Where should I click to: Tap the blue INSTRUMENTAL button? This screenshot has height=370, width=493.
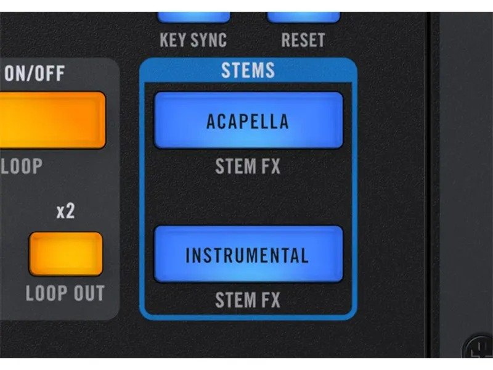coord(248,254)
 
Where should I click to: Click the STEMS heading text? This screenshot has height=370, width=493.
coord(248,70)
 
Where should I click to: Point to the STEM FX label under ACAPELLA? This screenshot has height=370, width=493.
coord(248,166)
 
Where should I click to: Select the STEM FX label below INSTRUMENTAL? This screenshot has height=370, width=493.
coord(248,300)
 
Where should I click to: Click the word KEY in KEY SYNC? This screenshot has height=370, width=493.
coord(173,40)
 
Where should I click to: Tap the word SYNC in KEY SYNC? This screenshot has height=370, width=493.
coord(209,40)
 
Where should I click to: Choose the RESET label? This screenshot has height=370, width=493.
coord(303,40)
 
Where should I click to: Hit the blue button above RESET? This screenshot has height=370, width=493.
coord(303,17)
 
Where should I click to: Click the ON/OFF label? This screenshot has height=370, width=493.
coord(35,73)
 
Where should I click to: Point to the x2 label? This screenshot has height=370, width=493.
coord(66,211)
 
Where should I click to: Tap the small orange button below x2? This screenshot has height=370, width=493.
coord(66,254)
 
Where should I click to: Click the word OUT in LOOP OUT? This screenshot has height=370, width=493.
coord(89,294)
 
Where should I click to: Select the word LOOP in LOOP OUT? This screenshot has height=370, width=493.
coord(47,294)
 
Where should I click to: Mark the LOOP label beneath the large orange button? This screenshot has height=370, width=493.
coord(22,166)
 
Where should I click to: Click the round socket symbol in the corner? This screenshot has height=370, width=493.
coord(478,348)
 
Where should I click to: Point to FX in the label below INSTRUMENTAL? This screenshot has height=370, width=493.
coord(271,300)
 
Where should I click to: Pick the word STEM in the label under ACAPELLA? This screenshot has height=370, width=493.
coord(235,166)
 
